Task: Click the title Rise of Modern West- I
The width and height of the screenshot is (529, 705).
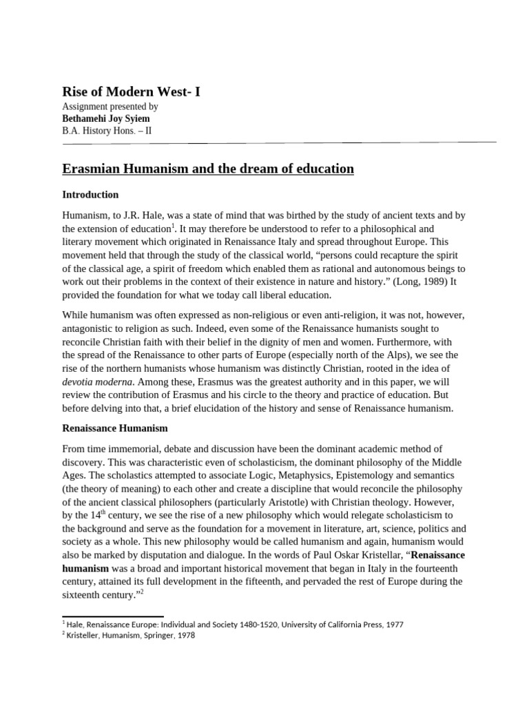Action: point(132,91)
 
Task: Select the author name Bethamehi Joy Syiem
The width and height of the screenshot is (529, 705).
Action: point(106,118)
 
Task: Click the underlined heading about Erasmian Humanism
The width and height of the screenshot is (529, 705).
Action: point(208,169)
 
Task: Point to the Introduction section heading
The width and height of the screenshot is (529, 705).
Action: point(90,195)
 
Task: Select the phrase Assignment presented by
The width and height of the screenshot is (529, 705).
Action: point(110,107)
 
